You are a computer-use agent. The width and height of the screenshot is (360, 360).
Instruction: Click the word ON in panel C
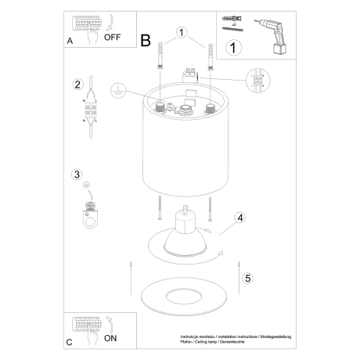(x=110, y=340)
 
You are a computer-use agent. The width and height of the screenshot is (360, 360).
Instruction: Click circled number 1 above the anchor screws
(x=182, y=33)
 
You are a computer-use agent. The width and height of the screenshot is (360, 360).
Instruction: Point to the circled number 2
(x=77, y=85)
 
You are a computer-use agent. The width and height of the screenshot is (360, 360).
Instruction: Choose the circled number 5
(x=248, y=277)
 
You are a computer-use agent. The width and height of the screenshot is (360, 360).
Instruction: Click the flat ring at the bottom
(x=185, y=297)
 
